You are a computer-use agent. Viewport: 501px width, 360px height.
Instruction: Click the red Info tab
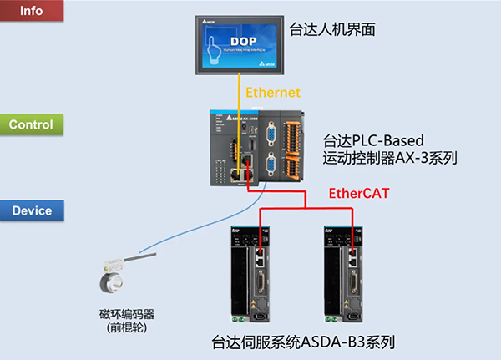point(31,12)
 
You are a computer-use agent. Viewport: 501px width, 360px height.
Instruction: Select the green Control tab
point(31,125)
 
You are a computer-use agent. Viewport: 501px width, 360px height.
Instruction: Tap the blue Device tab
point(32,210)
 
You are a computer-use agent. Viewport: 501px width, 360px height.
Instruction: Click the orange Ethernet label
point(271,92)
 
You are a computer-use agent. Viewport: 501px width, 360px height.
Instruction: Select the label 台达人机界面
point(331,30)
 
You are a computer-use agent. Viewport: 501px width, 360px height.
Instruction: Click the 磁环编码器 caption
point(127,314)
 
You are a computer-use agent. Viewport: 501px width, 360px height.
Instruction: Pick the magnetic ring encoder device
point(111,279)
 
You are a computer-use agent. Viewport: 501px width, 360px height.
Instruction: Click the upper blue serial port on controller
point(271,136)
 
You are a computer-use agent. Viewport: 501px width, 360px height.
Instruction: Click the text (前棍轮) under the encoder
point(127,328)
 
